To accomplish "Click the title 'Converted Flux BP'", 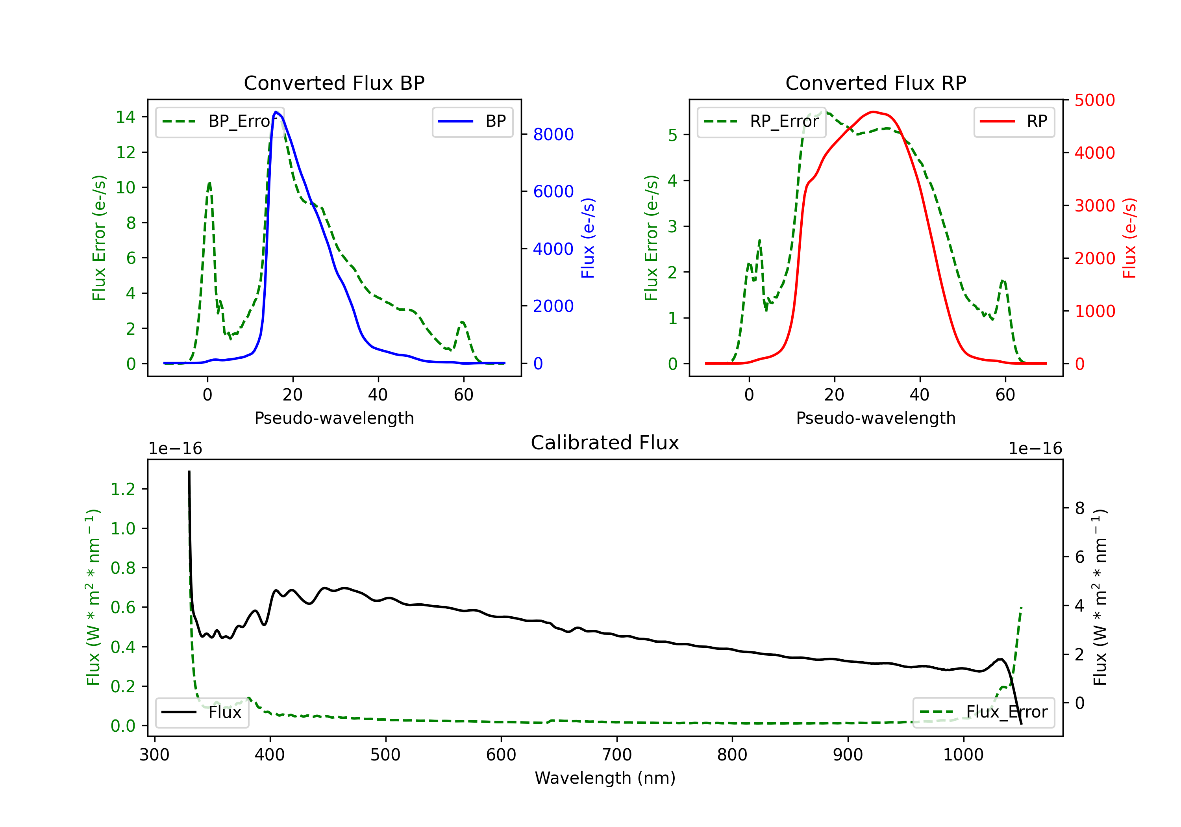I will tap(334, 83).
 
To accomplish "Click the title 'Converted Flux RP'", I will tap(876, 83).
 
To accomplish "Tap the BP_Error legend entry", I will tap(220, 121).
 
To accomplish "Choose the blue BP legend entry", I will tap(472, 121).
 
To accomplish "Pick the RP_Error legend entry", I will tap(761, 121).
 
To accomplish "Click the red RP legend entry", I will tap(1014, 121).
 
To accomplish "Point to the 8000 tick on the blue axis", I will tap(553, 134).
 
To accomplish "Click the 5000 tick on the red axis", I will tap(1094, 100).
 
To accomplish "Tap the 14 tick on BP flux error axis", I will tap(126, 117).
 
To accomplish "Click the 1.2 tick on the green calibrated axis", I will tap(123, 489).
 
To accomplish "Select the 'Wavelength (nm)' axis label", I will tap(605, 778).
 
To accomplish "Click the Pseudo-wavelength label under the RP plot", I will tap(876, 418).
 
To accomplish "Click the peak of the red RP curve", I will tap(873, 112).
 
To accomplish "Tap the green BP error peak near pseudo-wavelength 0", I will tap(209, 183).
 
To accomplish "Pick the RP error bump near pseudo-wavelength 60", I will tap(1003, 281).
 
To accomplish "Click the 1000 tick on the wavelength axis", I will tap(963, 755).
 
